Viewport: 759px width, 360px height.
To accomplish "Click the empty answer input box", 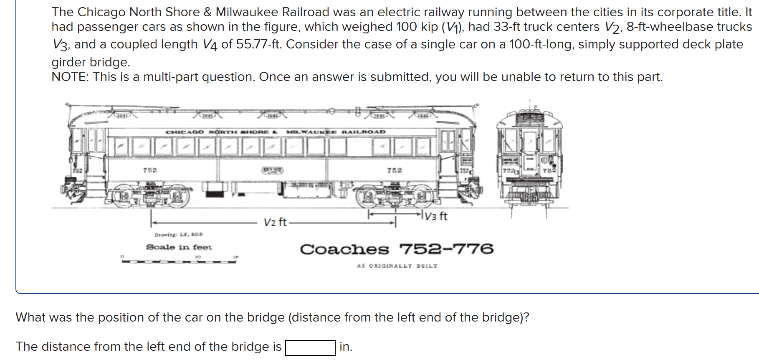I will [310, 347].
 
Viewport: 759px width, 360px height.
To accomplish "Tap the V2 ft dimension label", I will [275, 222].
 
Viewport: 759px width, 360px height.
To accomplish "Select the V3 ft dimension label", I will [436, 216].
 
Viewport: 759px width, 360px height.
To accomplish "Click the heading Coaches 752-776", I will [397, 249].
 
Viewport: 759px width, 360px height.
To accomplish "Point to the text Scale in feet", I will [179, 247].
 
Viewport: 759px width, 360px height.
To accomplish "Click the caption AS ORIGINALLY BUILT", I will [397, 266].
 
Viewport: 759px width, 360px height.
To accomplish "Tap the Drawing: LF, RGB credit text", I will [178, 235].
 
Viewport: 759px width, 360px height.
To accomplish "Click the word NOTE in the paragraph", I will [69, 77].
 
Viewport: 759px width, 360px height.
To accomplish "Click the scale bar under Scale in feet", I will [179, 261].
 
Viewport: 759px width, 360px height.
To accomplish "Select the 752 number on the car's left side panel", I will [150, 170].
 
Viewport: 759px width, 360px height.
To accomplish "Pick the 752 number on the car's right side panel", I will [394, 170].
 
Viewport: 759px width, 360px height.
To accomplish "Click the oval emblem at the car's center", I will [272, 170].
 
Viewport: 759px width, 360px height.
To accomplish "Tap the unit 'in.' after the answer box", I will [346, 347].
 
